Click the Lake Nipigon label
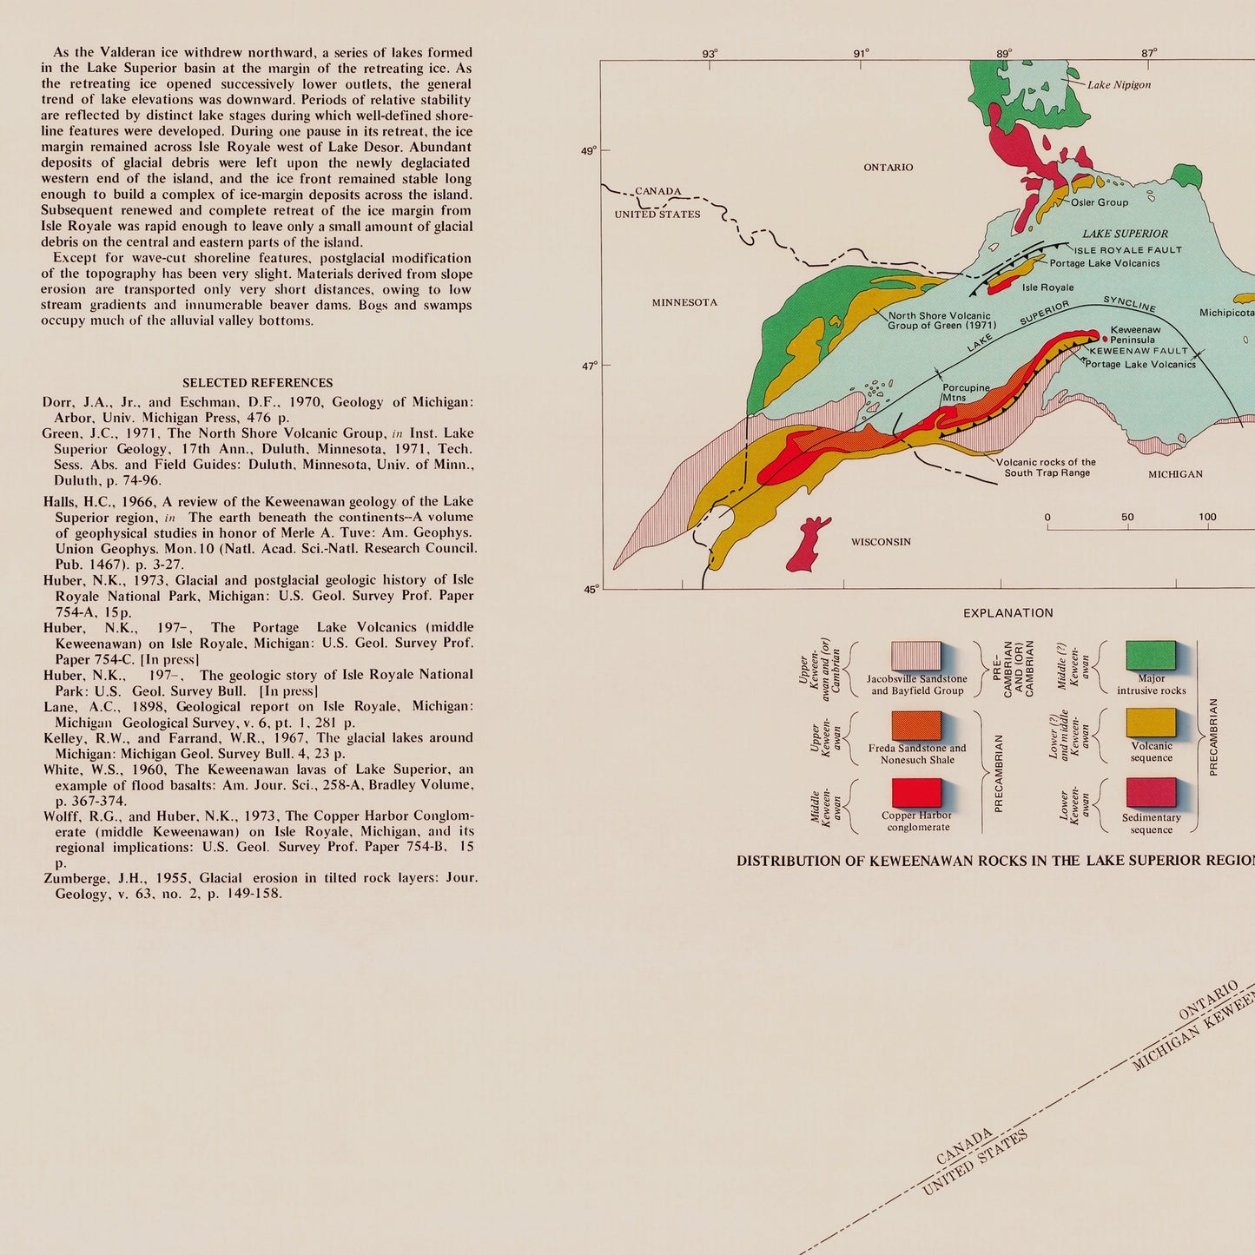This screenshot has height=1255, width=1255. [x=1119, y=85]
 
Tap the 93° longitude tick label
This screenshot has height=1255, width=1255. [x=710, y=54]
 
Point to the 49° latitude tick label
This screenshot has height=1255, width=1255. [x=589, y=151]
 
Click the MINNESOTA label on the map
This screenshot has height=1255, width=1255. [x=684, y=302]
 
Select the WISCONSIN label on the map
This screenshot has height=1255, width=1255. [x=881, y=542]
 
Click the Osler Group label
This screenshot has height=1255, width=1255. [x=1100, y=202]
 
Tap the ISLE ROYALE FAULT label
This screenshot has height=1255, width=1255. [x=1127, y=250]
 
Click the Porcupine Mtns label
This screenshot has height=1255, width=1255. [x=966, y=393]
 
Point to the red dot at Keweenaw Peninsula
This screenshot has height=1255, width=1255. [x=1105, y=339]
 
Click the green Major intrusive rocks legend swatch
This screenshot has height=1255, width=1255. [x=1150, y=656]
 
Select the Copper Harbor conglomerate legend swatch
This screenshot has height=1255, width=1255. [x=916, y=792]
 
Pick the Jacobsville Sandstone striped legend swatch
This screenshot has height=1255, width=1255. [x=916, y=656]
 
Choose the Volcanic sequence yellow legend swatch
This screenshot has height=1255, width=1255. [x=1150, y=723]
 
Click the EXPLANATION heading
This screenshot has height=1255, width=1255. [x=1007, y=613]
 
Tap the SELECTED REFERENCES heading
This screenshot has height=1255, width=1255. [x=257, y=383]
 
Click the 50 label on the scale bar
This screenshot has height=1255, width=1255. [x=1127, y=518]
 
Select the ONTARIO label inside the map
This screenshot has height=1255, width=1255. [x=888, y=168]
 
